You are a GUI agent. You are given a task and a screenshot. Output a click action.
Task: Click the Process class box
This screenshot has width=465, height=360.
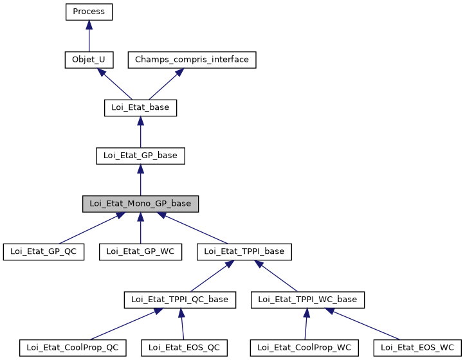(x=89, y=12)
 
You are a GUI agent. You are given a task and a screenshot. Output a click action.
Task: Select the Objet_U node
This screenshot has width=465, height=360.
(x=89, y=60)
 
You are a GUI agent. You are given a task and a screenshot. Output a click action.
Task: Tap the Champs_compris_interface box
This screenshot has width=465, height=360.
(x=192, y=60)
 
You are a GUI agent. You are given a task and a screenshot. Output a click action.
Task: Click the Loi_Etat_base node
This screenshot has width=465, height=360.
(x=140, y=107)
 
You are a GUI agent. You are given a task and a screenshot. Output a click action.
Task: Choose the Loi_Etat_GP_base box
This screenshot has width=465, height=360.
(x=140, y=155)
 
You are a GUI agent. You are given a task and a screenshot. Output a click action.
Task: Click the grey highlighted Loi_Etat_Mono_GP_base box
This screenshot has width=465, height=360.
(x=140, y=203)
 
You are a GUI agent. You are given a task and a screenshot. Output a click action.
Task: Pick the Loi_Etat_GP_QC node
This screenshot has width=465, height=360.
(x=44, y=251)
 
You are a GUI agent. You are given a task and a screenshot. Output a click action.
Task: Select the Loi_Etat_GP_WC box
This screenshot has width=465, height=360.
(x=140, y=251)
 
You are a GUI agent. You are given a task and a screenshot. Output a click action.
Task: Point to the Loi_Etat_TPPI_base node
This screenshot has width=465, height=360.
(x=244, y=251)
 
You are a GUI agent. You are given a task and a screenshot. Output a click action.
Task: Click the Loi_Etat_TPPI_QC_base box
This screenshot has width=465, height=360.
(x=180, y=299)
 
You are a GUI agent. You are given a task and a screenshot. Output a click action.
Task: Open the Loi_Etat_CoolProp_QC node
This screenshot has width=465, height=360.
(x=72, y=347)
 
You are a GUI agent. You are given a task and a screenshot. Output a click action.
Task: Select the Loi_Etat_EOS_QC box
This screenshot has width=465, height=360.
(x=184, y=347)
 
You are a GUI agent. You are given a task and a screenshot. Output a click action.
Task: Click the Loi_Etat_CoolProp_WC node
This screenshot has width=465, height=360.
(x=304, y=347)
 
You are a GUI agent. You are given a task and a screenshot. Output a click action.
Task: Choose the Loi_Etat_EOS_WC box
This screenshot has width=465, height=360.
(x=417, y=347)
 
